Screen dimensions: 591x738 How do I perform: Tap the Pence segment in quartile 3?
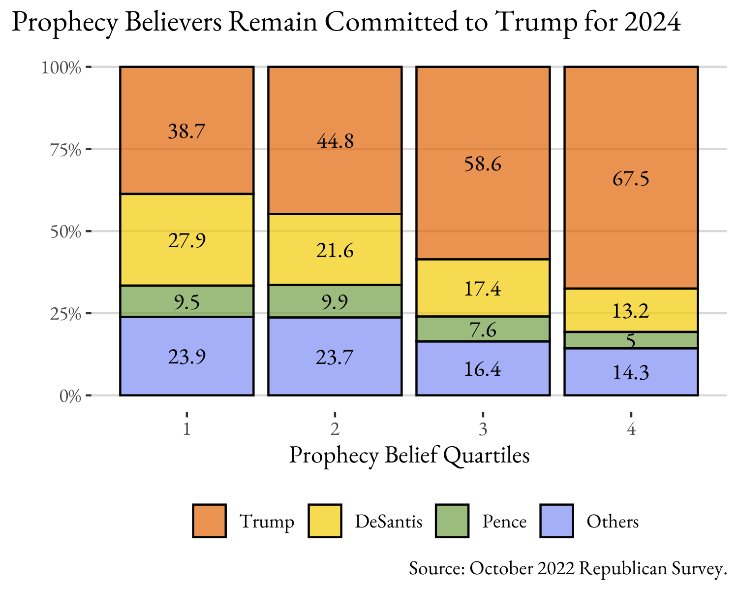click(x=483, y=329)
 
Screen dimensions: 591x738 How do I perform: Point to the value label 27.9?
click(x=187, y=241)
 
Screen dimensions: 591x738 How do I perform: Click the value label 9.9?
click(x=335, y=301)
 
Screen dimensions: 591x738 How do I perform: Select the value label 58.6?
click(x=483, y=164)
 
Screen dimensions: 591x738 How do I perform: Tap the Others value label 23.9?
click(x=187, y=357)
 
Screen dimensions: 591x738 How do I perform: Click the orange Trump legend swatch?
click(x=210, y=521)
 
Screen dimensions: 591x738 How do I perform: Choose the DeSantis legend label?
click(x=389, y=521)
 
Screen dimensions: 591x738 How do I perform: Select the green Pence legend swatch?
click(x=453, y=521)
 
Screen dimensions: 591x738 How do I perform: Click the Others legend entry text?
click(x=613, y=521)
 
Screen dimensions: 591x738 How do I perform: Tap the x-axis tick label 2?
click(x=335, y=429)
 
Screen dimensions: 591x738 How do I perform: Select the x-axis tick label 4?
click(x=631, y=429)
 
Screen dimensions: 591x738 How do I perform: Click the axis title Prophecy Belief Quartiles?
click(x=409, y=455)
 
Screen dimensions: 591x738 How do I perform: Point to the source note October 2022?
click(x=522, y=568)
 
